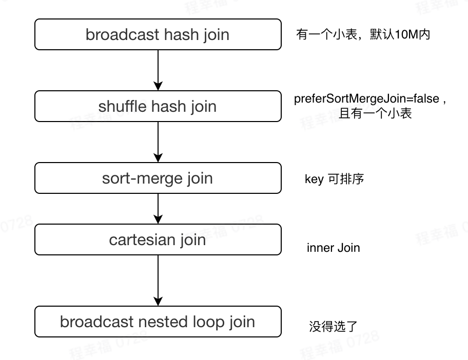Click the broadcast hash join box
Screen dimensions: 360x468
158,34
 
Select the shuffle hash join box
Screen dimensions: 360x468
158,106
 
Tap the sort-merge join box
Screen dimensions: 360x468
158,178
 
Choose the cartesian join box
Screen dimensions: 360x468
158,239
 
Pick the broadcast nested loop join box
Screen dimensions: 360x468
158,322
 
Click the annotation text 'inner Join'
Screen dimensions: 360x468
333,248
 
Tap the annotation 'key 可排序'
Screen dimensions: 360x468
334,179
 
